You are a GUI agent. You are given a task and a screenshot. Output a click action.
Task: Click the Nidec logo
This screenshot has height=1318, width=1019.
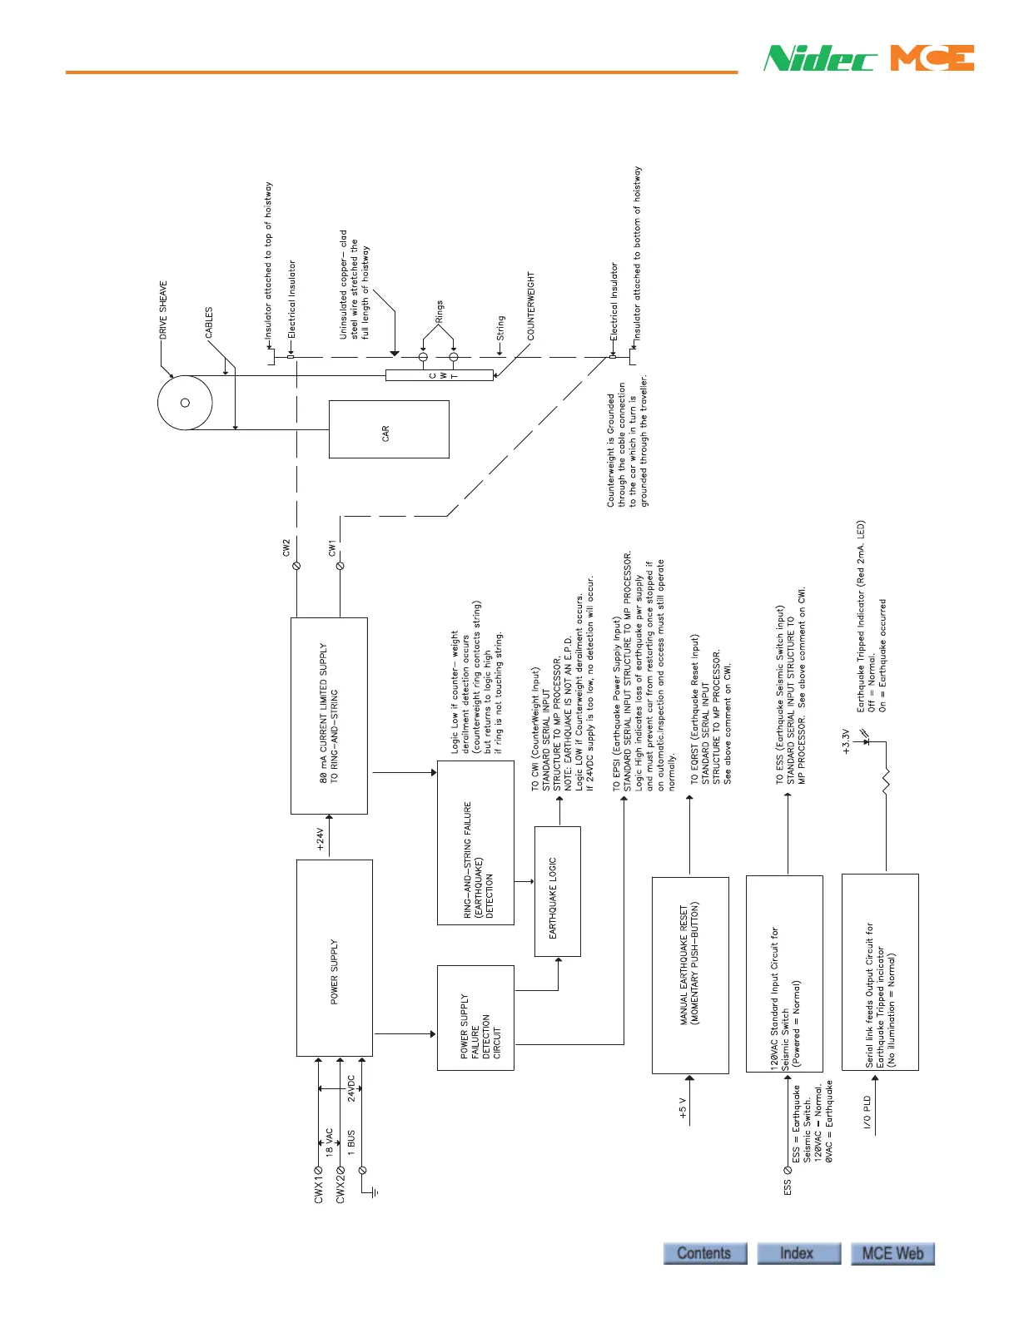pyautogui.click(x=819, y=58)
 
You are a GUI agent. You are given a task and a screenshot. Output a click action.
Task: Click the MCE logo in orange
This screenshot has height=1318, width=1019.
pyautogui.click(x=932, y=58)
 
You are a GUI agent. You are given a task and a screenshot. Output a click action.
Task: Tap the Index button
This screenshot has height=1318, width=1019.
pyautogui.click(x=798, y=1253)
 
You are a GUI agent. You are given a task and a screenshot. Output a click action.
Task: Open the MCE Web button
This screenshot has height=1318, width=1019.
pyautogui.click(x=892, y=1253)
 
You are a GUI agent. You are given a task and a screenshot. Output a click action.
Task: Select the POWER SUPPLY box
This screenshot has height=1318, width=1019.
pyautogui.click(x=334, y=958)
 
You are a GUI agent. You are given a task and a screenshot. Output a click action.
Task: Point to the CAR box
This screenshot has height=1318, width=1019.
pyautogui.click(x=389, y=429)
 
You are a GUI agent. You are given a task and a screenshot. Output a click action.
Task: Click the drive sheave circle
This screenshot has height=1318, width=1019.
pyautogui.click(x=185, y=403)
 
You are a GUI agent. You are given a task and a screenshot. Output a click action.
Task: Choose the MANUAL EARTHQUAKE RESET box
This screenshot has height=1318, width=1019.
pyautogui.click(x=689, y=974)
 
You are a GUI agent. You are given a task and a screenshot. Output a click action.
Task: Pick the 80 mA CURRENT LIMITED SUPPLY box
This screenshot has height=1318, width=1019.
pyautogui.click(x=329, y=716)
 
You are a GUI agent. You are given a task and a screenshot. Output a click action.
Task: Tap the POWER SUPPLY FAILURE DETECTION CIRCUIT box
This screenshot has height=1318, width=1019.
pyautogui.click(x=475, y=1018)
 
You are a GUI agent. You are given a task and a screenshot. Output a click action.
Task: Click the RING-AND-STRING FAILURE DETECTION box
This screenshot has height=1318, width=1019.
pyautogui.click(x=475, y=842)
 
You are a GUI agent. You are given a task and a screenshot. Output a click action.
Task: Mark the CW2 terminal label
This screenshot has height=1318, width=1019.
pyautogui.click(x=286, y=548)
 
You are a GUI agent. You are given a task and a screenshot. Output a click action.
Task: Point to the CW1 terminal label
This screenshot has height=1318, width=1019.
pyautogui.click(x=331, y=548)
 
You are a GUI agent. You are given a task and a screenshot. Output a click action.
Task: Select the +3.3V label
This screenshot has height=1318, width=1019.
pyautogui.click(x=847, y=741)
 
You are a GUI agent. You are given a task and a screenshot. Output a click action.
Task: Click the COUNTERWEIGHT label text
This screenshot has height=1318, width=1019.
pyautogui.click(x=531, y=305)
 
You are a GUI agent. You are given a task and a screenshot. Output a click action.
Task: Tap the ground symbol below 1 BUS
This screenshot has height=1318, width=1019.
pyautogui.click(x=375, y=1192)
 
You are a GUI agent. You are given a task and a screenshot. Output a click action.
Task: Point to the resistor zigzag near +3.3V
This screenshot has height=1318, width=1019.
pyautogui.click(x=886, y=781)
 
